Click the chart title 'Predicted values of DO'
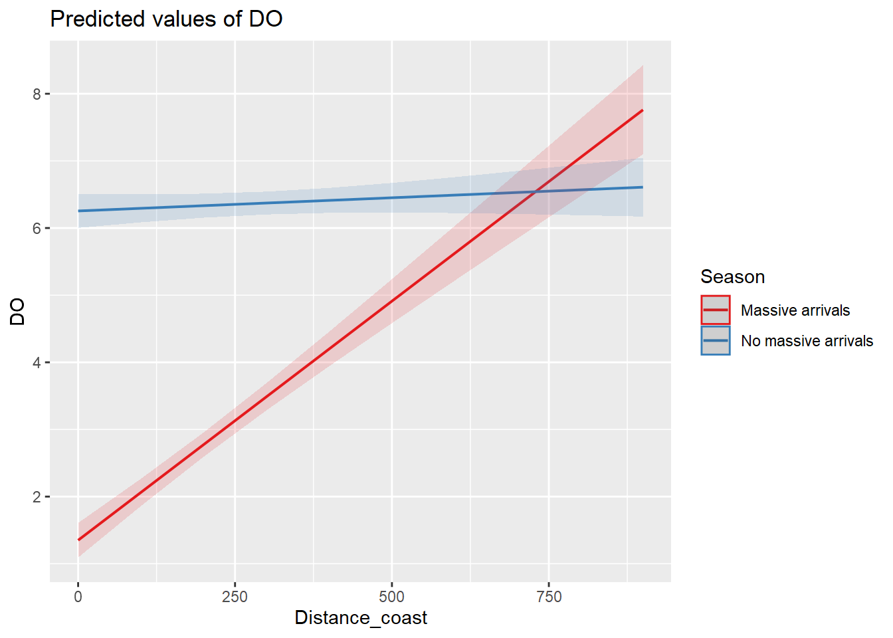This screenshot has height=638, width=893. tap(166, 19)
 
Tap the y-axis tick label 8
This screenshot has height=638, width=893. tap(37, 94)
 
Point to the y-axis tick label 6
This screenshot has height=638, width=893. tap(37, 228)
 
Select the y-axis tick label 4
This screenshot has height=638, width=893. tap(37, 362)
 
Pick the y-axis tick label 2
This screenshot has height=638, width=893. tap(37, 496)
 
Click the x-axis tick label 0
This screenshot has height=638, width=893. tap(78, 597)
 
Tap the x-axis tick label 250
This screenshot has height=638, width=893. tap(235, 597)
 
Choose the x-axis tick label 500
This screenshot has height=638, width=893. tap(391, 597)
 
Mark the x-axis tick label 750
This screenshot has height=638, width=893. tap(549, 597)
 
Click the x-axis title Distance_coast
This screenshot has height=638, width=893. tap(361, 618)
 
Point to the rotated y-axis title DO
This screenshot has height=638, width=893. tap(17, 311)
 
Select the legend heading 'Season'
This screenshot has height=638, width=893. tap(732, 276)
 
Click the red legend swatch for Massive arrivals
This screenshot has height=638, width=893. tap(715, 310)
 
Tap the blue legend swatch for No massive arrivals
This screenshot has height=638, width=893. tap(715, 340)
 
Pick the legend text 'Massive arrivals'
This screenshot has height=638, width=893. tap(795, 310)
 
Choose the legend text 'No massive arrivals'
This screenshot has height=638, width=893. tap(807, 341)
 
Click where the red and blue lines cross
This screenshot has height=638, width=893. tap(535, 192)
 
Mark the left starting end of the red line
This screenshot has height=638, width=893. tap(78, 540)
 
